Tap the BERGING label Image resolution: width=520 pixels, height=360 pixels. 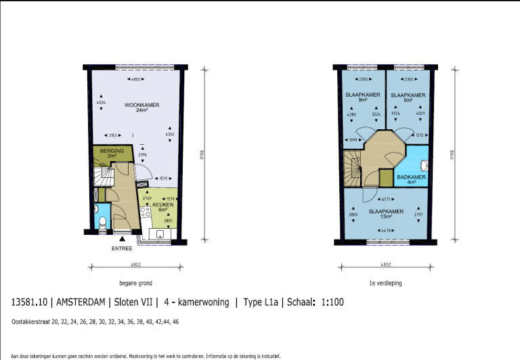coord(106,151)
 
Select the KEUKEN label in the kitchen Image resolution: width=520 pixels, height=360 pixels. coord(162,204)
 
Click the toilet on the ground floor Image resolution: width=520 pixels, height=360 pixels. coord(101,221)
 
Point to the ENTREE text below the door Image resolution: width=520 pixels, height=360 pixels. coord(122,248)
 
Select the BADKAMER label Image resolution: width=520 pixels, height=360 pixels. coord(412,177)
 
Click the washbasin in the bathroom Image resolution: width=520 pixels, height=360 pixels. coord(423,164)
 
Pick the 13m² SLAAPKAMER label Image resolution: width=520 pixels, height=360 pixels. coord(386,212)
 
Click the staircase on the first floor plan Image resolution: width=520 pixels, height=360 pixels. coord(353,169)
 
